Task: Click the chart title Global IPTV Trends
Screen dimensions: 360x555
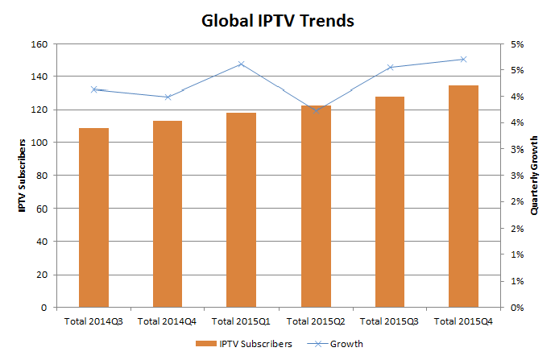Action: pos(277,21)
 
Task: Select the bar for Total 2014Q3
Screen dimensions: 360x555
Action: pos(93,217)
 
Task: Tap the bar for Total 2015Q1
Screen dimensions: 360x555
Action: pos(242,209)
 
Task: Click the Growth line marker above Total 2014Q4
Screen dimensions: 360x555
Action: pos(168,97)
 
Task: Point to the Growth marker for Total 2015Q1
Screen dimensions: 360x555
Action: pos(242,64)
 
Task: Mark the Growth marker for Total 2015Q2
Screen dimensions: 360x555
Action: pos(316,110)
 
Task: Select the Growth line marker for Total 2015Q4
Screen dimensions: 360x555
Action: pos(463,59)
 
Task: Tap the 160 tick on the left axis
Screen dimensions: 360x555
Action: pos(39,44)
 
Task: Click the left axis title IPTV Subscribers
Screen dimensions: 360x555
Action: pos(23,176)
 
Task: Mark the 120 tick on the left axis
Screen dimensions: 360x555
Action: pos(39,110)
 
